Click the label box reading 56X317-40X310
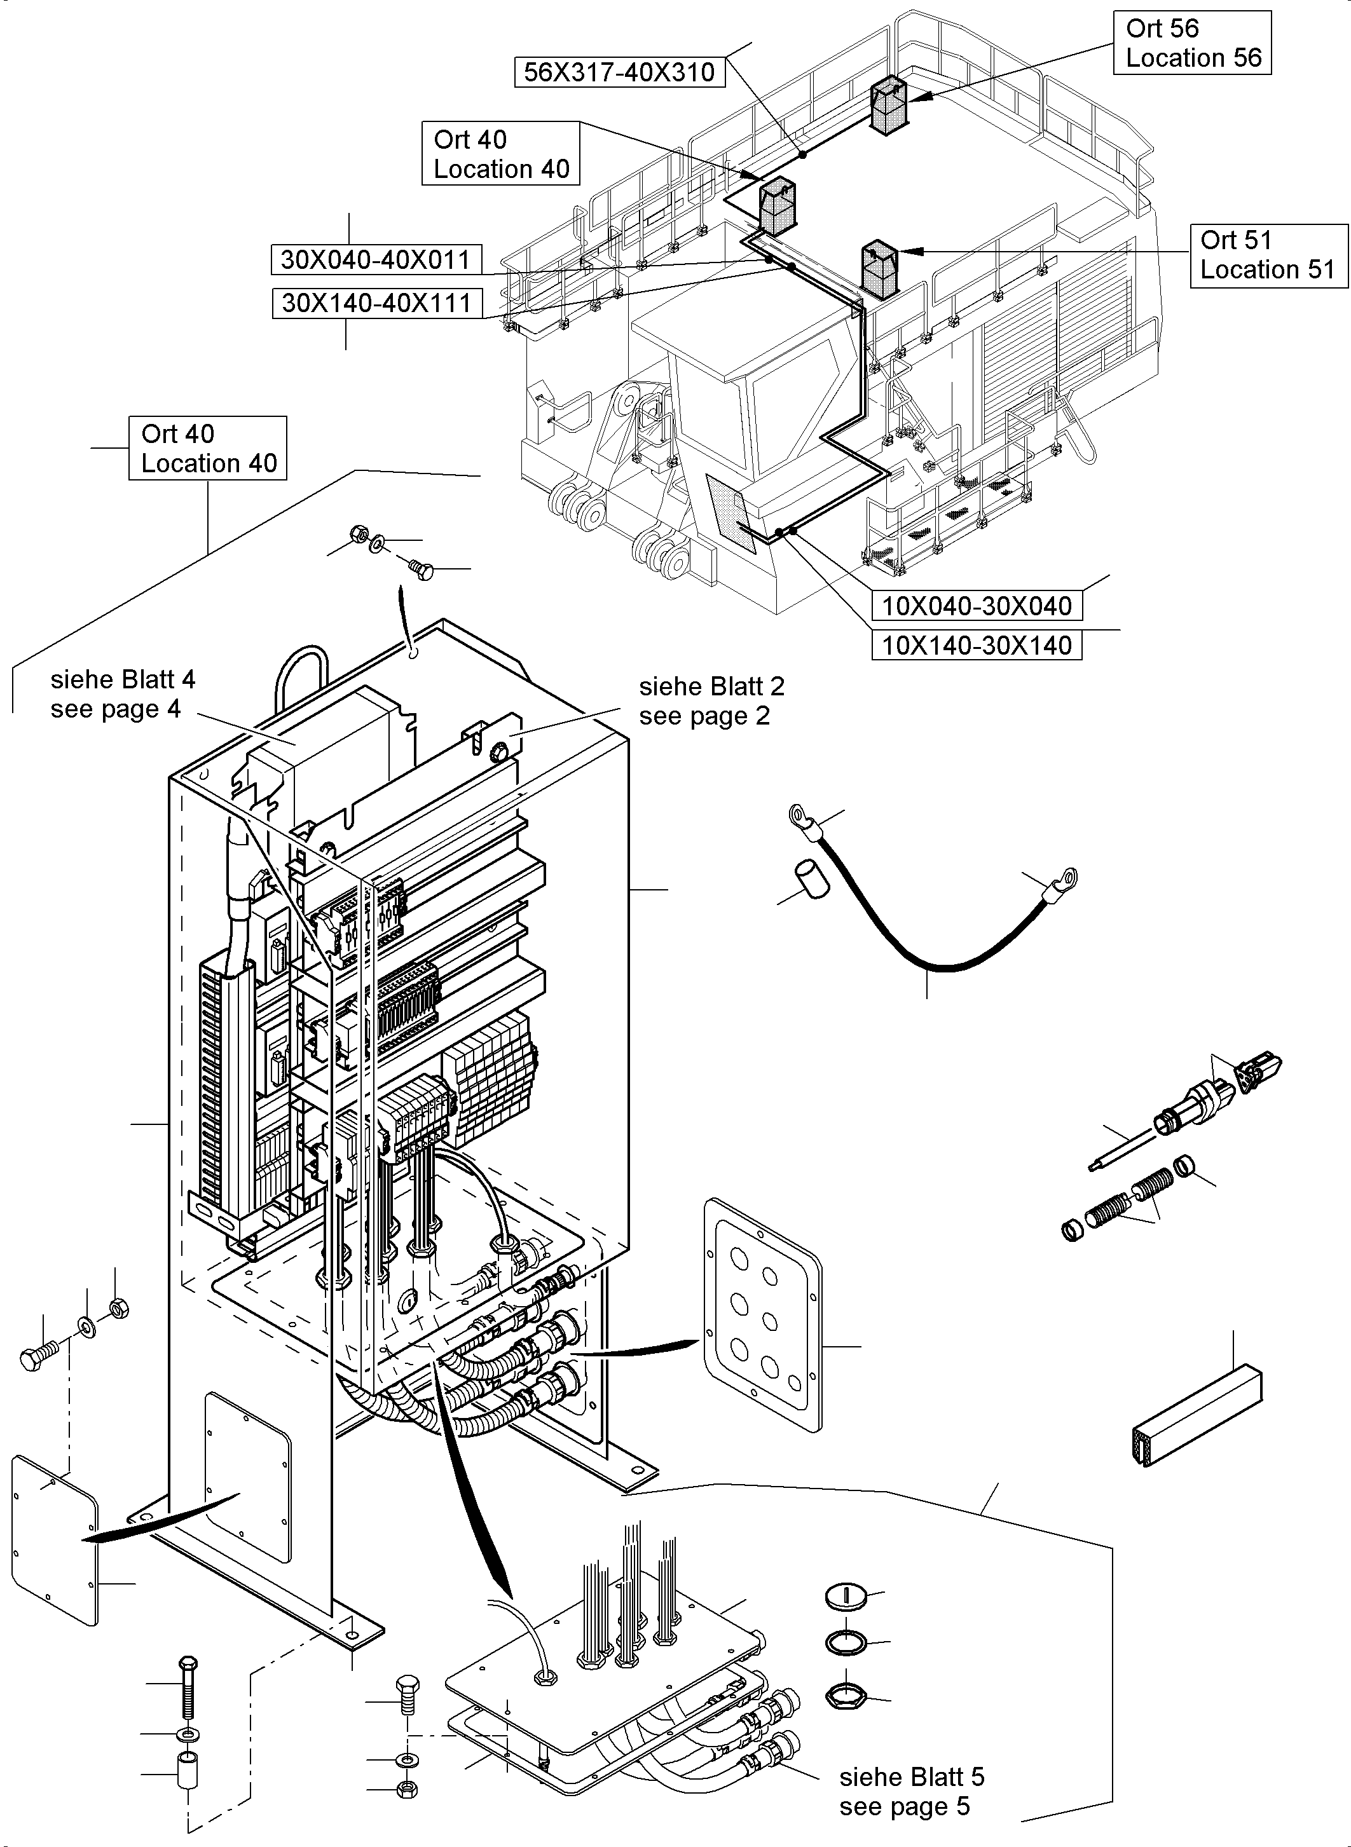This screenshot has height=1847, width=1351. click(619, 72)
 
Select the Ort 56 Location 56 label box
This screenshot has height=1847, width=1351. click(1192, 43)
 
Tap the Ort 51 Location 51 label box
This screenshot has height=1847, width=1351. click(1268, 255)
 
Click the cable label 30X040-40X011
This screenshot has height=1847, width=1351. click(376, 260)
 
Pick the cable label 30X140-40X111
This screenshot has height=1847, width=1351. click(377, 303)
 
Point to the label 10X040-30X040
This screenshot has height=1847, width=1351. click(977, 606)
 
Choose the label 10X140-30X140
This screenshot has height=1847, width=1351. click(977, 645)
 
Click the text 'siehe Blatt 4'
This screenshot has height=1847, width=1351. click(123, 679)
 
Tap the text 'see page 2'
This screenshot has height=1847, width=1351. click(704, 716)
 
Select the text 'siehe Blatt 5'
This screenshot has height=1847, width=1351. click(912, 1776)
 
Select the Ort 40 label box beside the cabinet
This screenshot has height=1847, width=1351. click(208, 448)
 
